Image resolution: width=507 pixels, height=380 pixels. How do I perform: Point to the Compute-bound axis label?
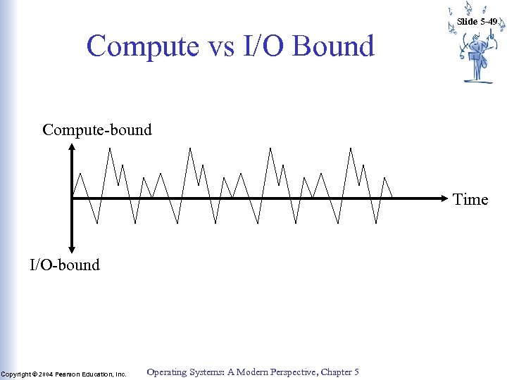click(x=97, y=130)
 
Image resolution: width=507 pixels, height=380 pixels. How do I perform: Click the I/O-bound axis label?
click(x=65, y=265)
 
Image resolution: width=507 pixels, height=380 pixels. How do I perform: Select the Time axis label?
click(x=470, y=200)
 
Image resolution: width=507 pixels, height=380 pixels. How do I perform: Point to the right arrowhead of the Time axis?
click(x=446, y=199)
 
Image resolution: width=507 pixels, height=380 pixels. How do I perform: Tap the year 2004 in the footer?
click(x=45, y=374)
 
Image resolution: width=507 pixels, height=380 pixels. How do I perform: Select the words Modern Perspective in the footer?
click(x=270, y=372)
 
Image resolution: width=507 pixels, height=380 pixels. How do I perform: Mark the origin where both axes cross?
click(x=73, y=199)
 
